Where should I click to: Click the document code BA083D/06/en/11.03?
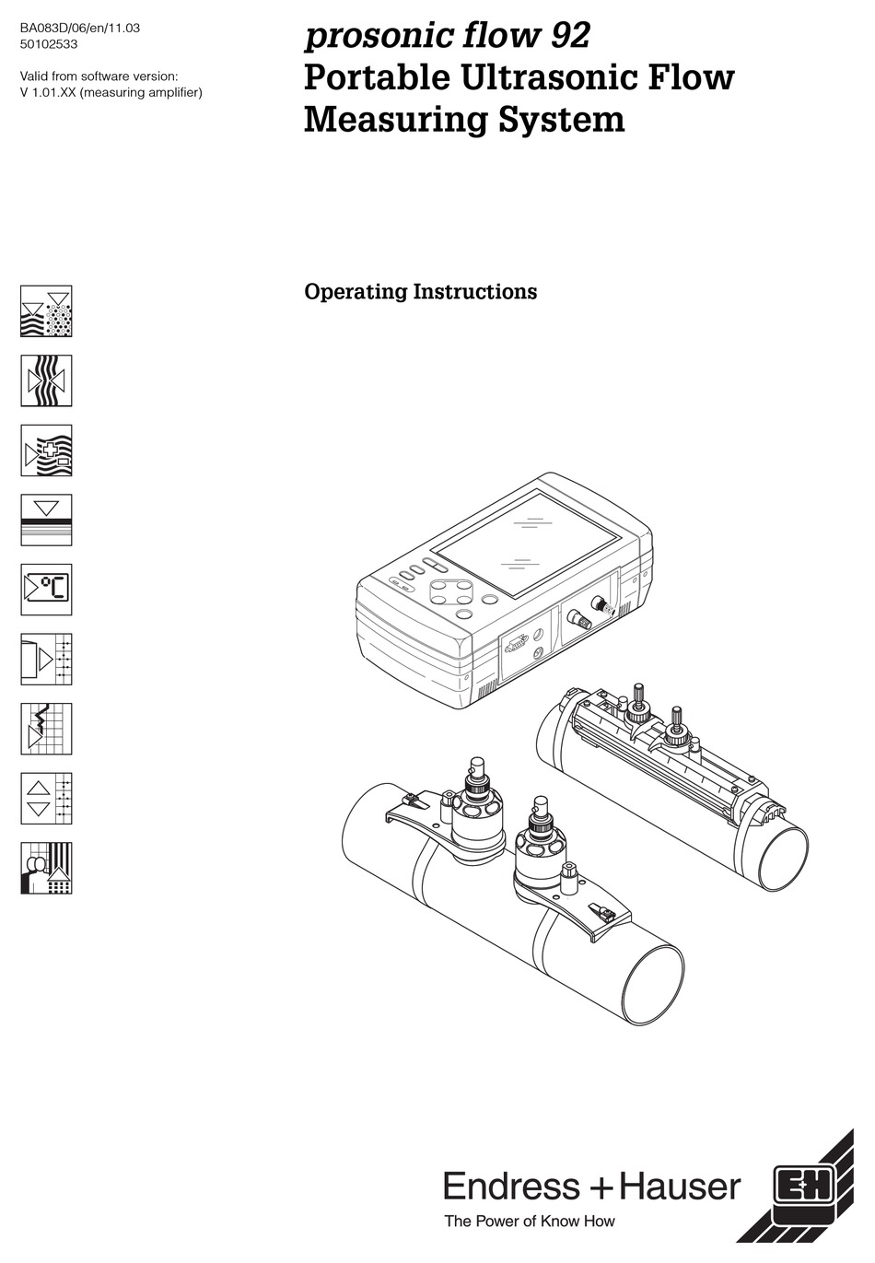coord(80,28)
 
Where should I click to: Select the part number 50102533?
coord(50,42)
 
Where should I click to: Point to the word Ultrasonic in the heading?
coord(552,77)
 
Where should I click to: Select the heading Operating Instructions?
coord(420,291)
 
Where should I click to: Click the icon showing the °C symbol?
coord(46,590)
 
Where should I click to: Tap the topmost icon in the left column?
coord(46,311)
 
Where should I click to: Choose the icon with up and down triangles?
coord(46,798)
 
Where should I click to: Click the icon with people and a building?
coord(46,868)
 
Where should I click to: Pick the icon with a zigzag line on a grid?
coord(46,729)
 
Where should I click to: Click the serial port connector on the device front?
coord(518,644)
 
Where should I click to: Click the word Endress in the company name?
coord(511,1187)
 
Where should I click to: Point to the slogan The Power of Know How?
coord(529,1222)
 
